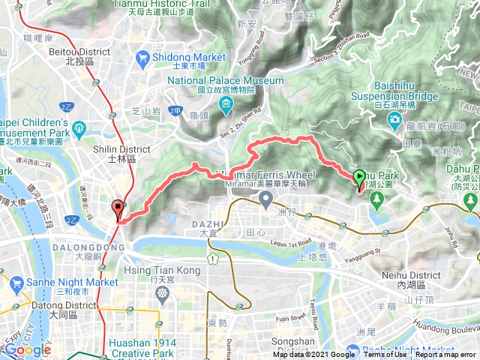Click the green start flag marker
click(x=359, y=179)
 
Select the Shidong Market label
click(x=188, y=57)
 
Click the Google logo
click(x=28, y=349)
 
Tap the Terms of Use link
click(x=385, y=355)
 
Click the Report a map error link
click(x=447, y=355)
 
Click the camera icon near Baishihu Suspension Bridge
click(x=395, y=123)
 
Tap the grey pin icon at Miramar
click(x=265, y=199)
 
